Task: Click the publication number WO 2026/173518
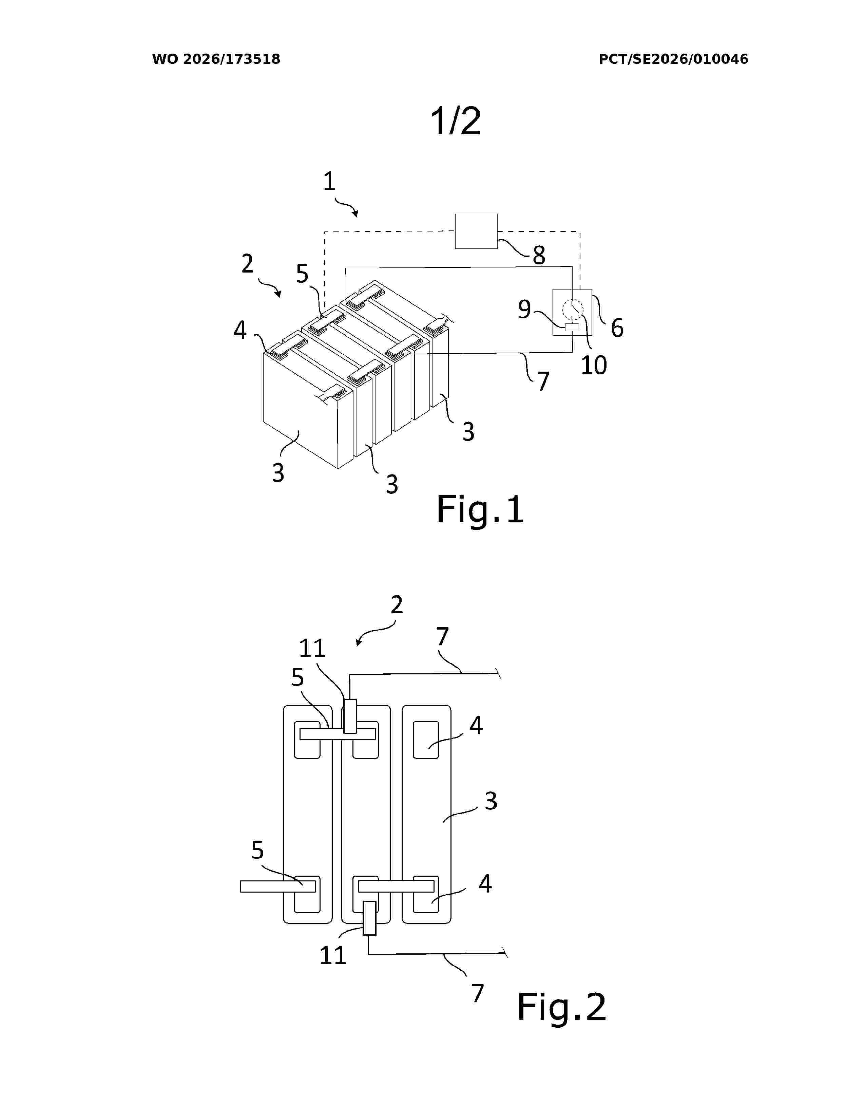click(x=216, y=59)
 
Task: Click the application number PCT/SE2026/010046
click(x=673, y=59)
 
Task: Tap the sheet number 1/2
click(x=456, y=121)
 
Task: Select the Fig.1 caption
click(x=480, y=510)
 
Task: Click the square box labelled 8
click(x=476, y=231)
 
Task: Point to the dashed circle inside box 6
click(x=572, y=309)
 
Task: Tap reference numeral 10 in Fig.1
click(x=593, y=365)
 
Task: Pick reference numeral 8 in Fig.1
click(x=539, y=255)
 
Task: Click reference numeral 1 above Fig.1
click(x=329, y=182)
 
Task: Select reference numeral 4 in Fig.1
click(x=240, y=330)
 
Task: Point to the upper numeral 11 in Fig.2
click(x=312, y=649)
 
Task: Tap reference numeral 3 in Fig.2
click(x=491, y=801)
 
